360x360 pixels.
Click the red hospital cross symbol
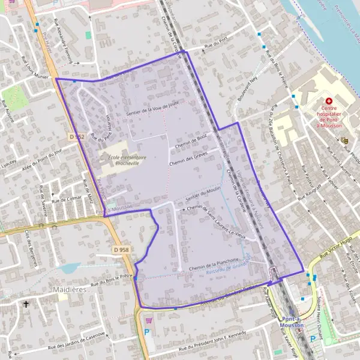pyautogui.click(x=329, y=101)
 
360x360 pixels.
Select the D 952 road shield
pyautogui.click(x=75, y=137)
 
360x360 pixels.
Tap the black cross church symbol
pyautogui.click(x=26, y=305)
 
